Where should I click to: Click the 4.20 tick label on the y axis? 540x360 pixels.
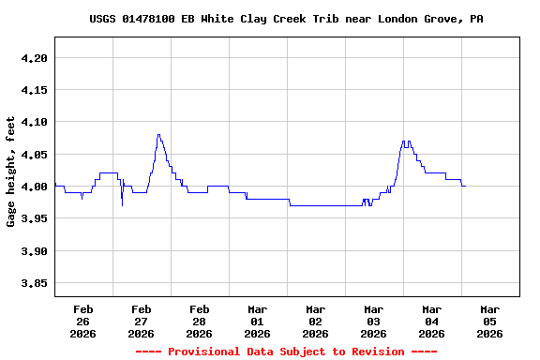[33, 58]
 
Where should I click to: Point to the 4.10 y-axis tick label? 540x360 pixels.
[33, 122]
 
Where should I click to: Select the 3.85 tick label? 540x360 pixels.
[33, 283]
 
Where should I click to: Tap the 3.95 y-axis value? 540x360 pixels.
[33, 218]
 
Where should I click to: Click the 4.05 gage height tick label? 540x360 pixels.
[33, 154]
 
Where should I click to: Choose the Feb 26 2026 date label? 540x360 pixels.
[82, 321]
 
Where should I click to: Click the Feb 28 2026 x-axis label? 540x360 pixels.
[199, 321]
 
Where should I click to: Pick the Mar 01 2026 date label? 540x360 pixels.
[257, 321]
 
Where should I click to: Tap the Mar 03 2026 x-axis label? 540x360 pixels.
[373, 321]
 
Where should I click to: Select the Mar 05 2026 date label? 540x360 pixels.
[489, 321]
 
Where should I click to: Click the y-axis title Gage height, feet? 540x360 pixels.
[11, 171]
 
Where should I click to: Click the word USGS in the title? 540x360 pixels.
[103, 19]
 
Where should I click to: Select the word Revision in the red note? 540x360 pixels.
[378, 352]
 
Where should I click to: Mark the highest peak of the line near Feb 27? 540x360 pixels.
[158, 135]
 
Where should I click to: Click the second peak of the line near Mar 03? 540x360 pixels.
[403, 142]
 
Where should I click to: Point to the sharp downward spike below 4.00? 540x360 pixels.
[122, 205]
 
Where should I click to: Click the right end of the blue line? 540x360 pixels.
[464, 186]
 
